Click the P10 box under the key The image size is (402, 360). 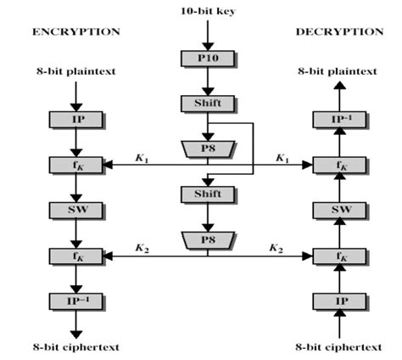(201, 59)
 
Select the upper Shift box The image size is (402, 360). (201, 104)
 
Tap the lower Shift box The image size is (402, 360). (201, 194)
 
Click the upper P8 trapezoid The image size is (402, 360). (201, 148)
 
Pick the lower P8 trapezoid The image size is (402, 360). (201, 239)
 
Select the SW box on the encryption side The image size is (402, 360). (76, 209)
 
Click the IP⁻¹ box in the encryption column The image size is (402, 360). (76, 300)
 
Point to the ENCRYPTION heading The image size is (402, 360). (75, 31)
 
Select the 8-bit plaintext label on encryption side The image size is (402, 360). (76, 71)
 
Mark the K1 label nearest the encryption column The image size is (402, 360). (142, 156)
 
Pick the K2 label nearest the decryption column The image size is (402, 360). (276, 247)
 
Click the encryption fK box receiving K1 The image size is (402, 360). (76, 164)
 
